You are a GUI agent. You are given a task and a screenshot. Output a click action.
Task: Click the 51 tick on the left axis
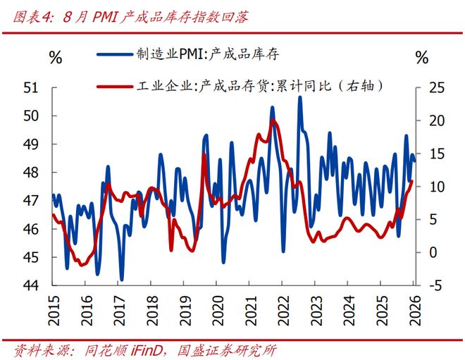click(31, 88)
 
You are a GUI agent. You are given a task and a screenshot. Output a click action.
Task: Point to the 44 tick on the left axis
click(31, 285)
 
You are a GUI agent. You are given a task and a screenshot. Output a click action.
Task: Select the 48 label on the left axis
click(31, 173)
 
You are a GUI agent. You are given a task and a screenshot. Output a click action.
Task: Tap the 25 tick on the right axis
click(437, 88)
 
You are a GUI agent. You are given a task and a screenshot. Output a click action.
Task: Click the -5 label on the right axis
click(435, 285)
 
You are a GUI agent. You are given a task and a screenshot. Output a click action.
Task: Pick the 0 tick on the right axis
click(433, 252)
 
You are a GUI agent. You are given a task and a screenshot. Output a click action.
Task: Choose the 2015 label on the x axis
click(54, 310)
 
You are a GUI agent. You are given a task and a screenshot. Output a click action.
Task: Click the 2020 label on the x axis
click(218, 310)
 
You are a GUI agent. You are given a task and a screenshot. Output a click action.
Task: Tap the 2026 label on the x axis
click(415, 310)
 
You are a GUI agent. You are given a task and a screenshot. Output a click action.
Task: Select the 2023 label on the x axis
click(316, 310)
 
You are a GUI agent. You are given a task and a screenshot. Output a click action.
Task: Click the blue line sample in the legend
click(114, 54)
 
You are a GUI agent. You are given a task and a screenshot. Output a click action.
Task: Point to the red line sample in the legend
click(114, 87)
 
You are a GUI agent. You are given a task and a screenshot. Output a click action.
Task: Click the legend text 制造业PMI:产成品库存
click(208, 54)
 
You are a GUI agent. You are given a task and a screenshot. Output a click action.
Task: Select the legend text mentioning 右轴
click(259, 86)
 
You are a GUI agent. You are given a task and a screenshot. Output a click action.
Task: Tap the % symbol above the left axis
click(56, 57)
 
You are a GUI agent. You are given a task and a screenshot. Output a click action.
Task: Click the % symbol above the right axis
click(422, 57)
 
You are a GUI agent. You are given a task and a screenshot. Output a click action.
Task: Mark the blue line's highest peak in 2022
click(300, 97)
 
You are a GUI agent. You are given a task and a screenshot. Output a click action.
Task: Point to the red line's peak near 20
click(273, 120)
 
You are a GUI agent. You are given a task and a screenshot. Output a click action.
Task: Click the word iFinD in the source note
click(147, 351)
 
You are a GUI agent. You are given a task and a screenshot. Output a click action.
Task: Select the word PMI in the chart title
click(105, 17)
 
